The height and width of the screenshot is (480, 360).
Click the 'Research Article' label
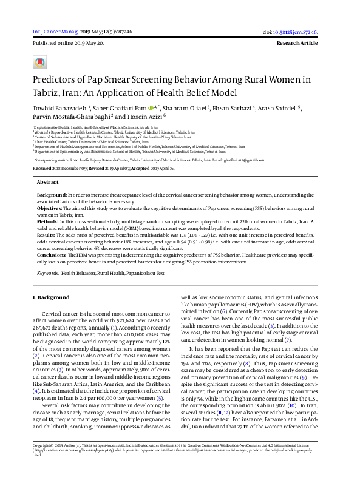pos(305,44)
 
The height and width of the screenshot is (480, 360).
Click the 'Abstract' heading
pos(48,182)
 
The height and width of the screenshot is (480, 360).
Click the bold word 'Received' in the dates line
pos(42,167)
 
